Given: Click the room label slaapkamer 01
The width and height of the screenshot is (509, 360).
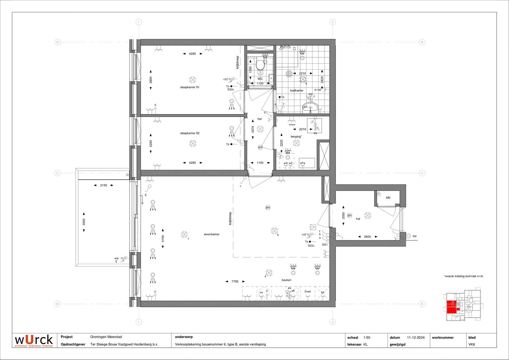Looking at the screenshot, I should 190,87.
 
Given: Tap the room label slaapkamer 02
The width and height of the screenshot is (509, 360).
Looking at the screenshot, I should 190,133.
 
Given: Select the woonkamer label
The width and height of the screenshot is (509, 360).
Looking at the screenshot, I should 211,234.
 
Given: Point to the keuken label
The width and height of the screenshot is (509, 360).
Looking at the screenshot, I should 286,280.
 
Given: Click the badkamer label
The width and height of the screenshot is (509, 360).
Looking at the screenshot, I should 297,91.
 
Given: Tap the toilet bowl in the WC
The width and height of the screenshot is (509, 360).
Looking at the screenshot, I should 260,65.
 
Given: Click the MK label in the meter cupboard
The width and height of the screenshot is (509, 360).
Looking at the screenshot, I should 388,198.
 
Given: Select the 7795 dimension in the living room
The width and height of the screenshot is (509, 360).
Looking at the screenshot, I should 235,281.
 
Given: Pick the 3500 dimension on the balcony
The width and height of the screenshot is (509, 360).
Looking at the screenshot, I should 84,222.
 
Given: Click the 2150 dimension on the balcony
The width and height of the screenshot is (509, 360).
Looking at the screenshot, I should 103,185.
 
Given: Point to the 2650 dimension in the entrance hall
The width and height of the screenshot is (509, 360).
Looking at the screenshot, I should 367,237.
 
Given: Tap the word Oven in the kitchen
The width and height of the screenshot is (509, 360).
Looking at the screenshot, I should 308,292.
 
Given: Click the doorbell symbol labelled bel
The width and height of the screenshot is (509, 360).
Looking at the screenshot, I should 409,236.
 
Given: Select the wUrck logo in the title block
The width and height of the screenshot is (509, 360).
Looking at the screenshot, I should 34,340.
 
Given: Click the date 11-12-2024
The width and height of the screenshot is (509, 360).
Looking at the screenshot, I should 416,338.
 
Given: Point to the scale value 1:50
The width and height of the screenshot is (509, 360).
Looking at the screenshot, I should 367,338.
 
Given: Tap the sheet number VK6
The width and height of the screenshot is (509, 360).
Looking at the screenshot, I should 472,344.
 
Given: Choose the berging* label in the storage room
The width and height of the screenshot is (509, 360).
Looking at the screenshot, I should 296,137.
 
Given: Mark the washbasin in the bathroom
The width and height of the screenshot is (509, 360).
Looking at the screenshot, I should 311,107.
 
